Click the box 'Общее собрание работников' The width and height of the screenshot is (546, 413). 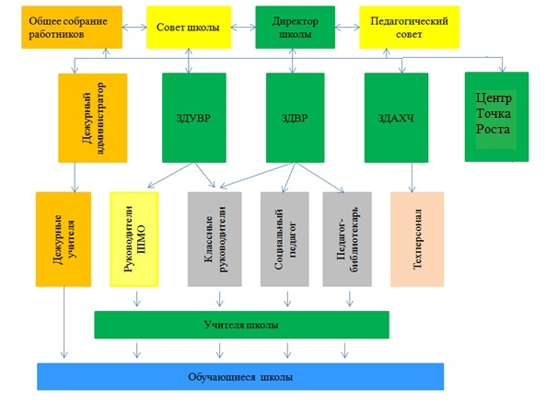click(x=72, y=28)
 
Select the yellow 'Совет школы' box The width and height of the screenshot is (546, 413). click(x=189, y=28)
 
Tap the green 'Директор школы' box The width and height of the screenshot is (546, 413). click(x=295, y=28)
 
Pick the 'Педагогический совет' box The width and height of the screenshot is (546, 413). click(x=409, y=28)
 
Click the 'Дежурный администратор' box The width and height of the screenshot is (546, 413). click(x=92, y=118)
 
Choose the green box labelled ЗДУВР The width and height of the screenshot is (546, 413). click(x=194, y=118)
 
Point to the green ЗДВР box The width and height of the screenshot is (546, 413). click(x=295, y=118)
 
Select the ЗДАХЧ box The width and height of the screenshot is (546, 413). click(x=396, y=118)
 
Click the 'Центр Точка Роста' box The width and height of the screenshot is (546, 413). click(x=496, y=117)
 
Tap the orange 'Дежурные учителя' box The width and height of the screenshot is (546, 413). click(x=64, y=239)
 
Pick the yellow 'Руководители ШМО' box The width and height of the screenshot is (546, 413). click(x=134, y=239)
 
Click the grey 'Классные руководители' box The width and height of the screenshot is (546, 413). click(x=215, y=239)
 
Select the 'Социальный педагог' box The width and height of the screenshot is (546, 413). click(x=285, y=239)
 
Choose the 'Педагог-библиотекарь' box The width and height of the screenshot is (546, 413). click(x=347, y=239)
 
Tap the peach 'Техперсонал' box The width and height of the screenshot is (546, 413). click(x=417, y=239)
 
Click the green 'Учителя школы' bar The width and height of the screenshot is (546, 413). click(x=241, y=325)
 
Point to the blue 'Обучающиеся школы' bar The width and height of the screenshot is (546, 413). click(x=240, y=377)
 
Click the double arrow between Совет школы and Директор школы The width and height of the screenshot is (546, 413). click(x=243, y=28)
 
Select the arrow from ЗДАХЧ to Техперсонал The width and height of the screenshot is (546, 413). click(x=412, y=178)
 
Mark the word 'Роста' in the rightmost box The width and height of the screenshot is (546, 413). click(x=493, y=129)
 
